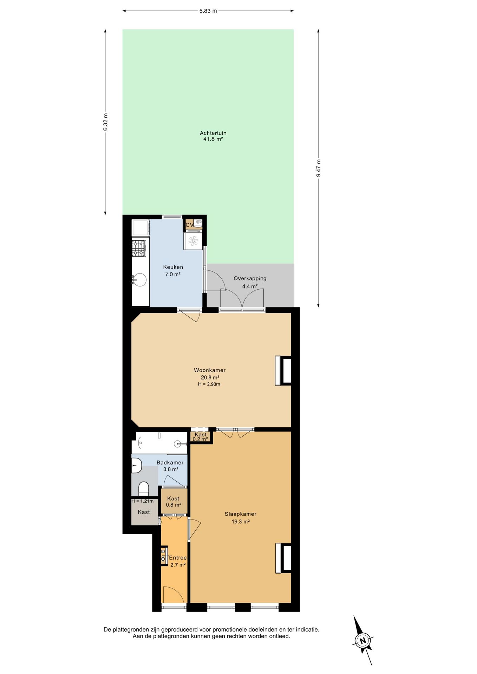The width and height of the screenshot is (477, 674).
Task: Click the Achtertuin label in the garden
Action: click(213, 133)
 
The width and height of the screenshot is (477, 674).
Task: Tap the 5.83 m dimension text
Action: click(208, 11)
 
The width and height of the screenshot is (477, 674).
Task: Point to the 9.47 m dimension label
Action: click(319, 168)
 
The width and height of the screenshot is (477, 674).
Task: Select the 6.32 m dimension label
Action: click(105, 122)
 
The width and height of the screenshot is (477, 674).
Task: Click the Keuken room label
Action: click(173, 267)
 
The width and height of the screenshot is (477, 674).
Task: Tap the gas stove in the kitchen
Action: click(139, 248)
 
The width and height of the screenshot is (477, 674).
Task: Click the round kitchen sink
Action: click(139, 280)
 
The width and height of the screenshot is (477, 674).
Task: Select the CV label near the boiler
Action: click(189, 225)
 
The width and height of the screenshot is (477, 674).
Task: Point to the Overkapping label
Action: click(250, 278)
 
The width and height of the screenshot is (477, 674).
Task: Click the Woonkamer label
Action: click(210, 370)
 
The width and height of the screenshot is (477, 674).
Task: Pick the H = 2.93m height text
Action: click(209, 384)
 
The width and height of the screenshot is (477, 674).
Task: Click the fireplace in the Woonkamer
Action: click(283, 371)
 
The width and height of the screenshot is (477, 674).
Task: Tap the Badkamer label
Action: click(170, 463)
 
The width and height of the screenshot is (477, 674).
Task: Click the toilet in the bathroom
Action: click(143, 489)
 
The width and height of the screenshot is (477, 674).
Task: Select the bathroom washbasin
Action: click(136, 465)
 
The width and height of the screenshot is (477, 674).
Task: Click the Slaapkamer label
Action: click(241, 514)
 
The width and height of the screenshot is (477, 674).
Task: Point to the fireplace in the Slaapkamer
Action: click(283, 558)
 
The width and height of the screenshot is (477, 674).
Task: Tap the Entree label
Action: click(178, 558)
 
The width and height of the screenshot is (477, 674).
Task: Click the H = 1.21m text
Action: click(143, 501)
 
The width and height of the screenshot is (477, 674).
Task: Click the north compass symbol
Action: click(363, 640)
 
